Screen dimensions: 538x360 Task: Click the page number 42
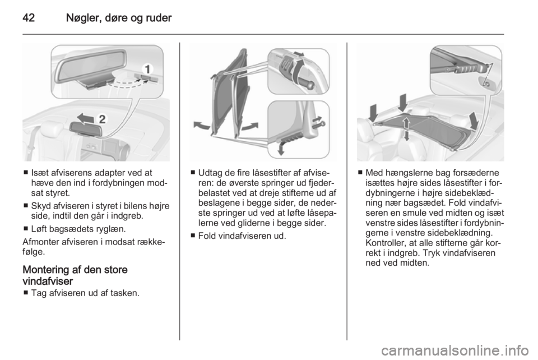tap(29, 18)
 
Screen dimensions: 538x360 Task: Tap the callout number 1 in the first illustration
tap(147, 70)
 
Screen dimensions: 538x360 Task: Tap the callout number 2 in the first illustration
tap(102, 119)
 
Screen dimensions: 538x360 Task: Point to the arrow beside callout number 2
tap(85, 118)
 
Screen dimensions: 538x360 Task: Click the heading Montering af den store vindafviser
tap(75, 275)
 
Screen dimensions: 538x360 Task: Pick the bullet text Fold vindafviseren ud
tap(242, 236)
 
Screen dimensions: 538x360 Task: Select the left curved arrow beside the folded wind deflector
tap(202, 125)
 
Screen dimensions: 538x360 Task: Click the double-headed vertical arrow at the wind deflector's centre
tap(406, 129)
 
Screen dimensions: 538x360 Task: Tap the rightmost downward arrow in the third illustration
tap(474, 121)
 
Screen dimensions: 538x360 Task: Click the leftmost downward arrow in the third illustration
tap(373, 113)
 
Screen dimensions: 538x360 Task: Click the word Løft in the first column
tap(39, 229)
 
